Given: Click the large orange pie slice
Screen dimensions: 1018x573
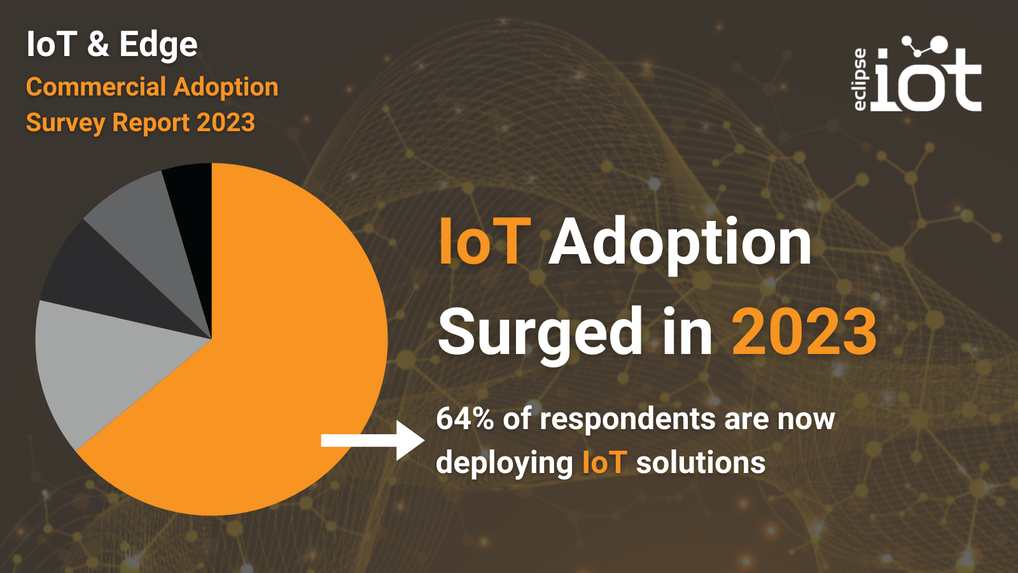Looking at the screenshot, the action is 273,346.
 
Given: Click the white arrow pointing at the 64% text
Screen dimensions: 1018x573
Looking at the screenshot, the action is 373,440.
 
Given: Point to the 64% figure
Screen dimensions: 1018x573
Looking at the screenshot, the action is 464,419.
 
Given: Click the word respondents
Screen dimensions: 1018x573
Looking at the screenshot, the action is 627,420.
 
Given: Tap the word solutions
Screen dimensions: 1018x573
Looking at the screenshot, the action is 701,463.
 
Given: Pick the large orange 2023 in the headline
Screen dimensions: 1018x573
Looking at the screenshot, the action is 804,332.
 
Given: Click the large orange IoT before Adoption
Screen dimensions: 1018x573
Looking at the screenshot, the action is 484,241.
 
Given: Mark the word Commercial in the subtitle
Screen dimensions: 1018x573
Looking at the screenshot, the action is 96,87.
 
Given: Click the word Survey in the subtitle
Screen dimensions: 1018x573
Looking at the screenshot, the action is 66,123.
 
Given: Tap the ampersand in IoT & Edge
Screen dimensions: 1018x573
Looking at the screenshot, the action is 98,44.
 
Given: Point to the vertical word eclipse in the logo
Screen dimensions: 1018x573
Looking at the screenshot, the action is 860,79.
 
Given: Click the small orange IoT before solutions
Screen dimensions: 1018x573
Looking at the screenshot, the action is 604,463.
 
